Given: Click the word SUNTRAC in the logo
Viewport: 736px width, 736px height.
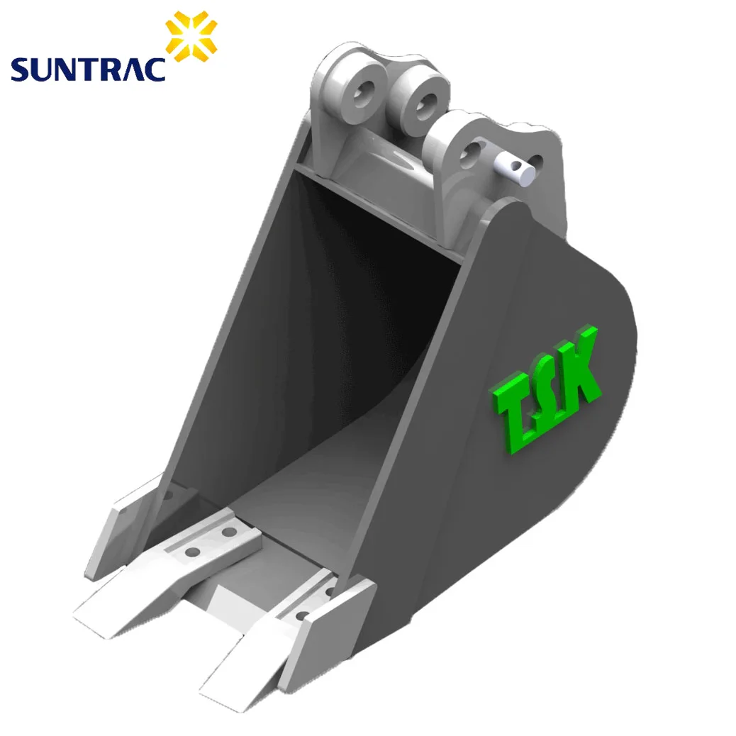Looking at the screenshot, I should [x=87, y=69].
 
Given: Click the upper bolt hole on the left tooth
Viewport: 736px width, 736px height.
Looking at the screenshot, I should [x=229, y=531].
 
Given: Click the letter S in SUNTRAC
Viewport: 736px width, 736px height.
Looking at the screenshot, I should [x=18, y=69].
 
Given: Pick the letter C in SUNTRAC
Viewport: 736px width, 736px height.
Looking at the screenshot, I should [x=155, y=69].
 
